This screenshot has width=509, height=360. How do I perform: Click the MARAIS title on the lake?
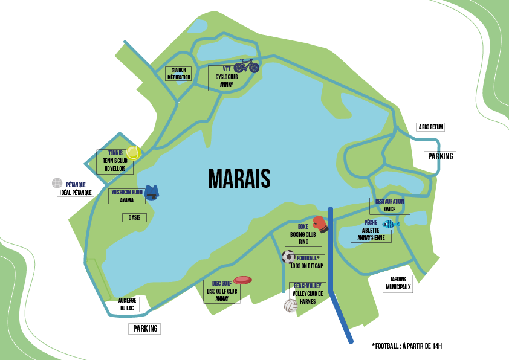(239, 178)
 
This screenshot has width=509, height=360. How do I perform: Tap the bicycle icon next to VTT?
(246, 65)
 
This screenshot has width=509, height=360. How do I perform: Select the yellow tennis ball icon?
(133, 152)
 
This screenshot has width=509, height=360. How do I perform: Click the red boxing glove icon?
(320, 223)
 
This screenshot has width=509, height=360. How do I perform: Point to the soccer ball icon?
(288, 257)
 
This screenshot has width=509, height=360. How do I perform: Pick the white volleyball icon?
(290, 306)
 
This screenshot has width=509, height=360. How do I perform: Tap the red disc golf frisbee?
(242, 280)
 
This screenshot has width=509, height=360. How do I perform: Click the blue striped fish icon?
(390, 224)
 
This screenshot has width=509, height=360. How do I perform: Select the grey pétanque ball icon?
(57, 183)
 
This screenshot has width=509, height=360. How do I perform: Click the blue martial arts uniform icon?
(151, 192)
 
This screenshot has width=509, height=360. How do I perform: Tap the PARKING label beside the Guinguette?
(440, 156)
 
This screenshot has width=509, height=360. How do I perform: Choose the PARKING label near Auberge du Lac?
(145, 329)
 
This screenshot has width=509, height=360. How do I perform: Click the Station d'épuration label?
(178, 74)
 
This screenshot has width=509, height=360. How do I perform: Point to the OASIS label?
(134, 217)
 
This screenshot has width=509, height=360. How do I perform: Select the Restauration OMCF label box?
(389, 205)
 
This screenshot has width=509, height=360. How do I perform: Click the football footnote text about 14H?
(407, 346)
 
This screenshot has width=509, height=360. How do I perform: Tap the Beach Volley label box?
(308, 294)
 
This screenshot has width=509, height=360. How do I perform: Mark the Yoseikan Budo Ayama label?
(126, 196)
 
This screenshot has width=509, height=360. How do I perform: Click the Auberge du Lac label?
(128, 304)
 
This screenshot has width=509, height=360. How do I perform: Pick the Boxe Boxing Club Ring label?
(303, 234)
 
